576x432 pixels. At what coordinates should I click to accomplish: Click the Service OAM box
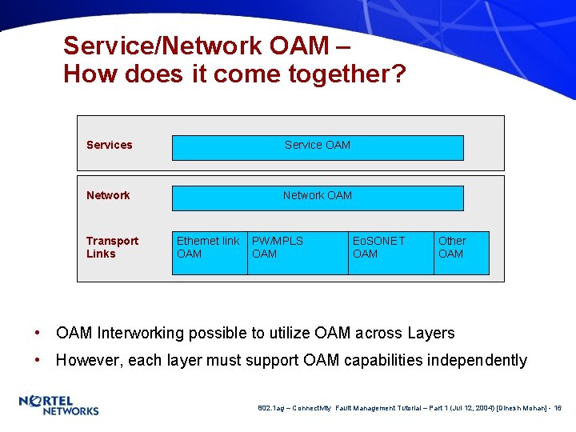coord(318,147)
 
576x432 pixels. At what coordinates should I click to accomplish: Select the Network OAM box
coord(318,198)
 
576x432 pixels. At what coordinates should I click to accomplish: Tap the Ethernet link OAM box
coord(210,252)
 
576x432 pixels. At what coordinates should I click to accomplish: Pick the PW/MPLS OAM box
coord(298,252)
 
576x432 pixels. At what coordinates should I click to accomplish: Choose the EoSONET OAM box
coord(390,252)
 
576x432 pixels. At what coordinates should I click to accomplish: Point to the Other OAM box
coord(461,252)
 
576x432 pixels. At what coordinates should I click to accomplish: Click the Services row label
coord(109,145)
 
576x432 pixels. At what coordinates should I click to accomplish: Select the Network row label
coord(108,195)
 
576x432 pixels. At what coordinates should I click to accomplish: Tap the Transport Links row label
coord(112,247)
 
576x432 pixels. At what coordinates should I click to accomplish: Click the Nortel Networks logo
coord(58,405)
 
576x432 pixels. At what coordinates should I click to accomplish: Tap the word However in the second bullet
coord(88,360)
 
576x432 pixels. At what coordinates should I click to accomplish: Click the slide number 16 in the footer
coord(558,408)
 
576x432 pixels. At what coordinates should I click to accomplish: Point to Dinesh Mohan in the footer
coord(522,408)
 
